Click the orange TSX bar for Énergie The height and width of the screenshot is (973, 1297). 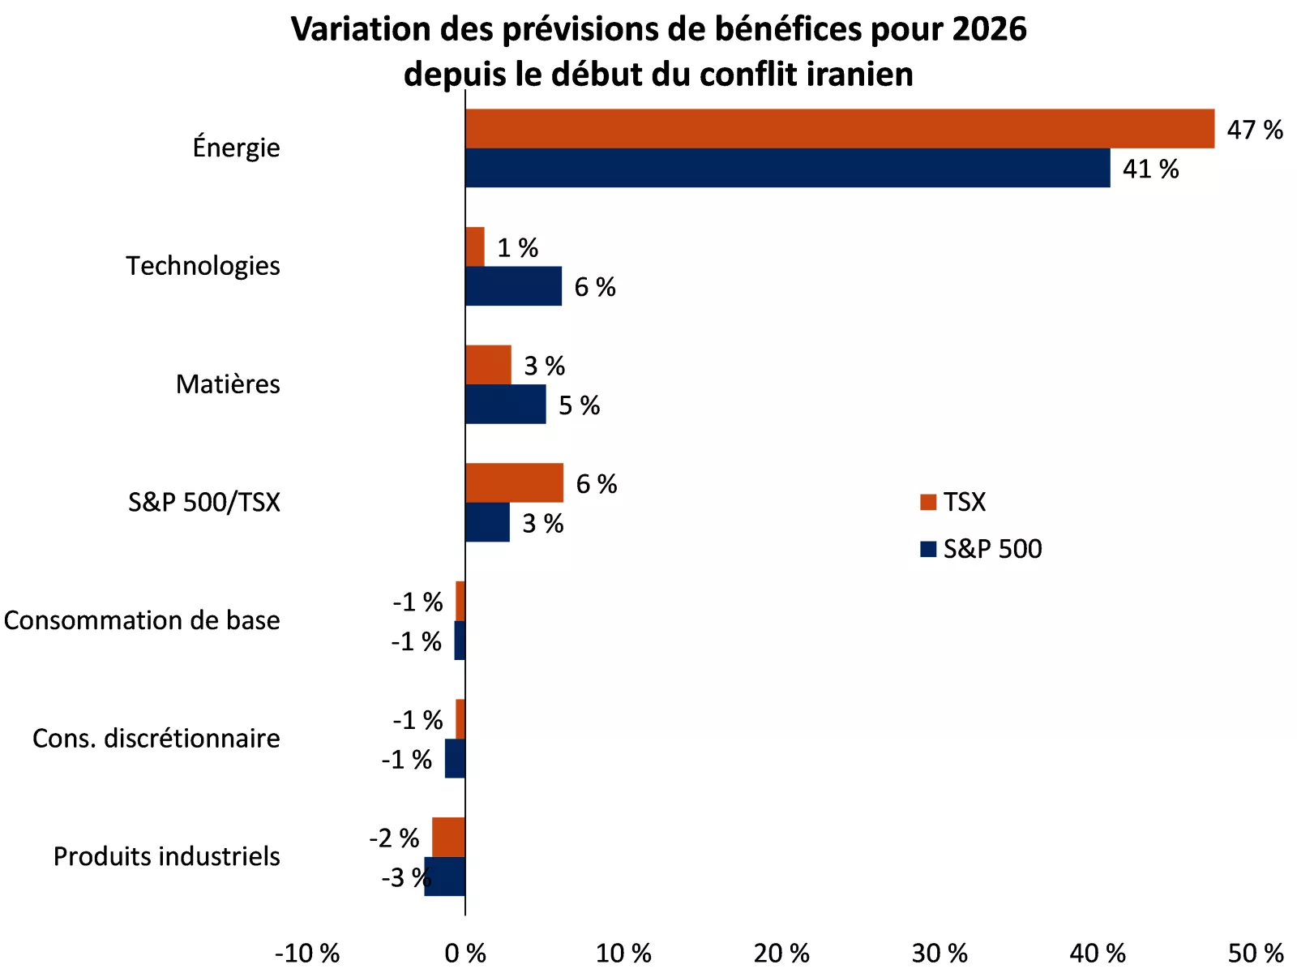pos(839,129)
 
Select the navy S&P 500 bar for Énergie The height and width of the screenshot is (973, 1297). pos(787,168)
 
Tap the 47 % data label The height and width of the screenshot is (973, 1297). pos(1254,130)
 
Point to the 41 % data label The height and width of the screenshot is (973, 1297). pos(1149,169)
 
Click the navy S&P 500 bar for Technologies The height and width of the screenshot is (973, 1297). pos(513,286)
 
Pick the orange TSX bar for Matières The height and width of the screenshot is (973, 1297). pos(488,365)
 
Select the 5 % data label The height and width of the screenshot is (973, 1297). pos(579,405)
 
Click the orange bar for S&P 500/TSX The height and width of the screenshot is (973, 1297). pos(514,483)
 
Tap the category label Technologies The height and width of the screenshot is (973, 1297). pos(203,266)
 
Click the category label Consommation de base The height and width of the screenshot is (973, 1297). pos(142,620)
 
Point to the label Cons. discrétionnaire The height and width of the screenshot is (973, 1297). pos(156,739)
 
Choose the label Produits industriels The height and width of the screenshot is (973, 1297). pos(166,856)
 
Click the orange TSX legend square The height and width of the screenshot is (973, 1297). pos(928,503)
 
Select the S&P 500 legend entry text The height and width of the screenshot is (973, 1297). pos(992,549)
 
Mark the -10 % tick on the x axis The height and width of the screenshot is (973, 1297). pos(307,953)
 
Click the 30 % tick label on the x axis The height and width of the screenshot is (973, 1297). pos(940,953)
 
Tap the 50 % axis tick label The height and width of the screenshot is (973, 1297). pos(1255,953)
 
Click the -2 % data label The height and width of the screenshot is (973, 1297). pos(394,838)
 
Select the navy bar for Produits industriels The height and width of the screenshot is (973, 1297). pos(445,877)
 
